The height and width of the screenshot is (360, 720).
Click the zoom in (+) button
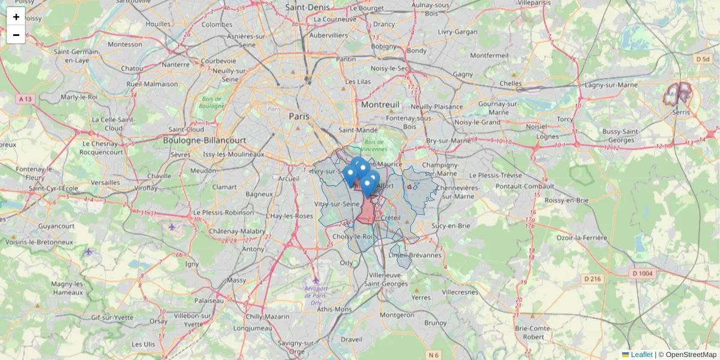[x=16, y=17]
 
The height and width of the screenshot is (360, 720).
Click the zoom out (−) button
[x=16, y=35]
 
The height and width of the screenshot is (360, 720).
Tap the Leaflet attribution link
[x=641, y=355]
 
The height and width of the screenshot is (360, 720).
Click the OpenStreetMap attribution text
[x=691, y=355]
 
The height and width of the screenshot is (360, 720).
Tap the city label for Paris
[x=299, y=116]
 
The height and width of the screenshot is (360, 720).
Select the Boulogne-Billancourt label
[x=205, y=140]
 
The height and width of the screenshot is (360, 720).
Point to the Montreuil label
[x=380, y=104]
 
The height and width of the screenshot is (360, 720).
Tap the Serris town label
[x=681, y=112]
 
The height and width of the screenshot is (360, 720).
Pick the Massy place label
[x=236, y=280]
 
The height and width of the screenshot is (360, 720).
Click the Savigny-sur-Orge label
[x=293, y=347]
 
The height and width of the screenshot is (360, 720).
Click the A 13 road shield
[x=25, y=98]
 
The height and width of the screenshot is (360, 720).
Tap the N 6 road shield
[x=434, y=355]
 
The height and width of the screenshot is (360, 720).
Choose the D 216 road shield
[x=592, y=278]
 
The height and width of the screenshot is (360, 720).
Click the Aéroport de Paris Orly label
[x=316, y=295]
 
